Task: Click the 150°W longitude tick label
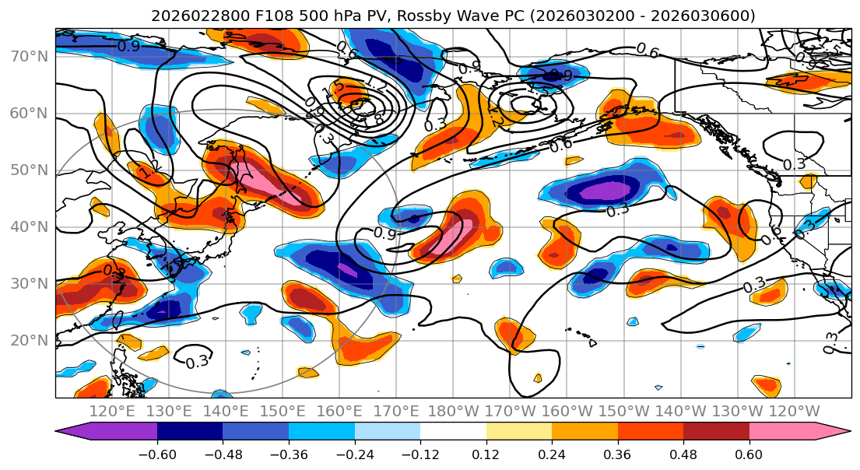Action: [623, 411]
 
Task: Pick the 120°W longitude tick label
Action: [794, 411]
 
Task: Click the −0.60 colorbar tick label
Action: [156, 454]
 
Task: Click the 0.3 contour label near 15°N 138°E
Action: [197, 361]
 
